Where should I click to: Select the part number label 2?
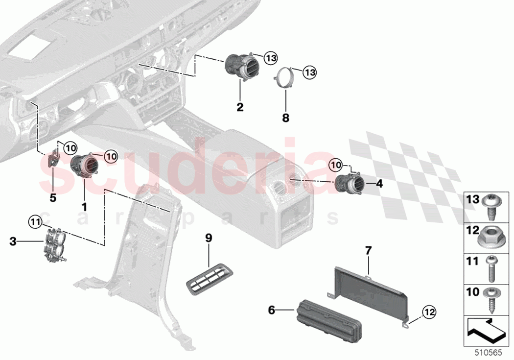click(240, 107)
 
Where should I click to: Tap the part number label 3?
click(13, 241)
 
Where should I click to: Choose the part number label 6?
click(271, 310)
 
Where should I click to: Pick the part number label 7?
click(368, 251)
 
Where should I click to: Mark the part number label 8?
click(286, 118)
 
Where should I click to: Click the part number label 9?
click(209, 238)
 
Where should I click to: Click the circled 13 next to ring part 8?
click(309, 73)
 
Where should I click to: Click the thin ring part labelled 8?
click(283, 78)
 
